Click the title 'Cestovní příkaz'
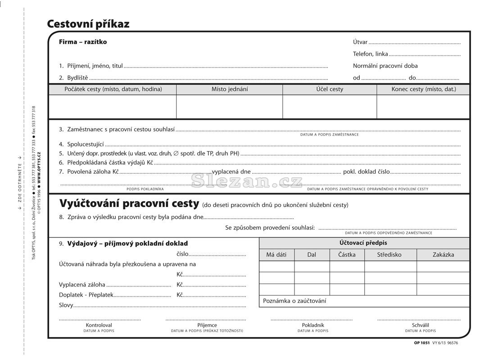88,24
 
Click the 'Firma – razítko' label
83,42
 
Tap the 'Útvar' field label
360,42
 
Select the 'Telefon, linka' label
370,54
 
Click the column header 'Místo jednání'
230,89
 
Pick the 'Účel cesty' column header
330,89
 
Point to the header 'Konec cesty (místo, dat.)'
423,89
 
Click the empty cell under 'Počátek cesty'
113,107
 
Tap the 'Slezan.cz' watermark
247,181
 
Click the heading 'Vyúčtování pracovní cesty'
129,204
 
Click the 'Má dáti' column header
276,255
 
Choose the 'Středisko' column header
390,255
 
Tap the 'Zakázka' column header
443,255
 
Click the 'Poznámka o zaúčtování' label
295,301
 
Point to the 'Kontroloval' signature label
99,325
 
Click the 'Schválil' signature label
420,325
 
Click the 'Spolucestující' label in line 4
85,144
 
